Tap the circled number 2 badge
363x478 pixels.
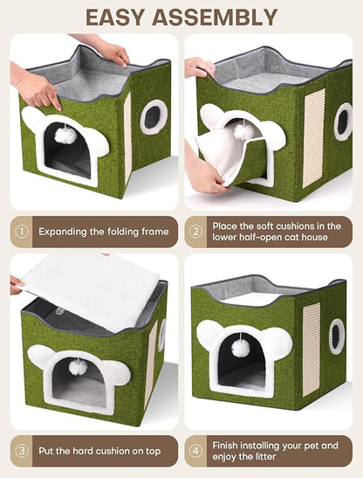(x=195, y=232)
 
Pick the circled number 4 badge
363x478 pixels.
(x=195, y=451)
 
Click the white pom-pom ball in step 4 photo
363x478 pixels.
(x=241, y=348)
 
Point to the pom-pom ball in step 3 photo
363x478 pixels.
(x=78, y=367)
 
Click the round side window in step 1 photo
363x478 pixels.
(x=154, y=116)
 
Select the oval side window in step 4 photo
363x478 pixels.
(x=337, y=336)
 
